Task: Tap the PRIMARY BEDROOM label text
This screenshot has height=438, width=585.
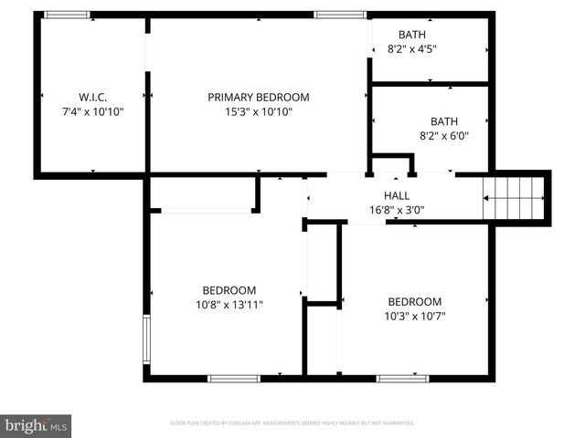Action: point(259,97)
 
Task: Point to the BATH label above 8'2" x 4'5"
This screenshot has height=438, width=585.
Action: point(412,36)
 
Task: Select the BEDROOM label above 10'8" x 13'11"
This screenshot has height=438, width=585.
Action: point(229,290)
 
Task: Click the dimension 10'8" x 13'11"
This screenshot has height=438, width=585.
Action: point(229,305)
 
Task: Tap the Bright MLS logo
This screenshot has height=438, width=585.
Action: point(37,425)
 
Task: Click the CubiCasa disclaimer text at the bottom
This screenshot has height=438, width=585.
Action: point(292,423)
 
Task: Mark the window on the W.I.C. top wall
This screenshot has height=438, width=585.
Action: point(67,15)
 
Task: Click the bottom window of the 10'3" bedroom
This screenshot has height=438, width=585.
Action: point(403,377)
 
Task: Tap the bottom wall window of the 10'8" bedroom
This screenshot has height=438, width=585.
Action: point(234,377)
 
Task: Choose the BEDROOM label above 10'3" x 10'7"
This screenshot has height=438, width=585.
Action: point(414,302)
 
